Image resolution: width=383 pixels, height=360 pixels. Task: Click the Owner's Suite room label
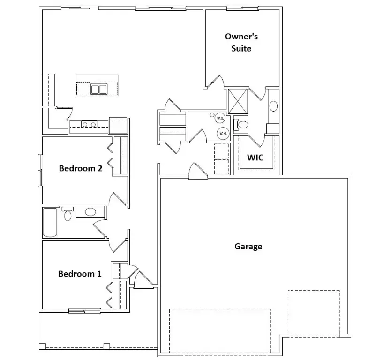[241, 42]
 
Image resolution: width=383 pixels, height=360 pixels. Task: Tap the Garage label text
[248, 246]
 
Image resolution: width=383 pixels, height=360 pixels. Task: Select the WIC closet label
[255, 157]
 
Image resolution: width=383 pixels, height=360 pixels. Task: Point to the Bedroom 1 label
[80, 274]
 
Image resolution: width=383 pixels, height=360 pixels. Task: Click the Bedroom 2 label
[81, 168]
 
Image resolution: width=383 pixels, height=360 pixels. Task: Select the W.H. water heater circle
[223, 134]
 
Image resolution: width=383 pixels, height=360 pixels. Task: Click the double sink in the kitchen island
[98, 89]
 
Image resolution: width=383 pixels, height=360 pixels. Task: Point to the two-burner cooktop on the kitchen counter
[89, 124]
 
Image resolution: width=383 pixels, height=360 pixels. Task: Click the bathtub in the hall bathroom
[50, 222]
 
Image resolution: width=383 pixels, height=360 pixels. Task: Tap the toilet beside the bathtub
[68, 214]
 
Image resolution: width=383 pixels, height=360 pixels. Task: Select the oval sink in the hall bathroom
[90, 212]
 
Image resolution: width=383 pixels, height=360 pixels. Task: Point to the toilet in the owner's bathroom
[241, 125]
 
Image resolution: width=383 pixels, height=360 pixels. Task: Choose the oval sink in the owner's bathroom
[273, 106]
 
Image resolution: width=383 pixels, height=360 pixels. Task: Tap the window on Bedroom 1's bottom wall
[84, 310]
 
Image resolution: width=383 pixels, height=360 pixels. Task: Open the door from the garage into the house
[197, 172]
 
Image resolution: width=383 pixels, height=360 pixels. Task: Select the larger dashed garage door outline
[219, 330]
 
